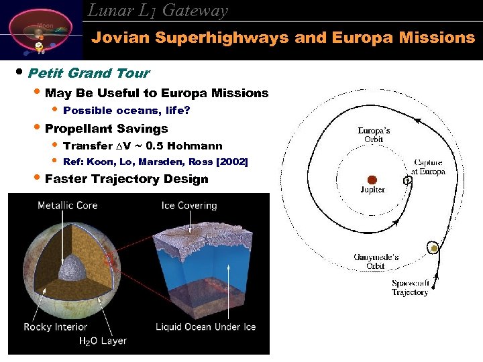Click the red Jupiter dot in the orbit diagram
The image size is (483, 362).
372,179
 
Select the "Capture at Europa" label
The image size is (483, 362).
429,167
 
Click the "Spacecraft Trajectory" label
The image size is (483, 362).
410,288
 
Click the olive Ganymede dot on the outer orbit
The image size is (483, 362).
434,249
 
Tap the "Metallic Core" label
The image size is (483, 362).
67,205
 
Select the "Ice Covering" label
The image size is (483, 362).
189,205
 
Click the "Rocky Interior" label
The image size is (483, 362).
56,327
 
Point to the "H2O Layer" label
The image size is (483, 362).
103,341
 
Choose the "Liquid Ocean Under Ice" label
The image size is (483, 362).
205,327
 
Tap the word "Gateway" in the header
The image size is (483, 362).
195,10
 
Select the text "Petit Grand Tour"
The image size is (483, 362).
89,73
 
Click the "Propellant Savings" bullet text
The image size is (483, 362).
106,128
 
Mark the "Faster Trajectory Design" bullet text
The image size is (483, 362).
126,179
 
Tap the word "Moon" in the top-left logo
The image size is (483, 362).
45,25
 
